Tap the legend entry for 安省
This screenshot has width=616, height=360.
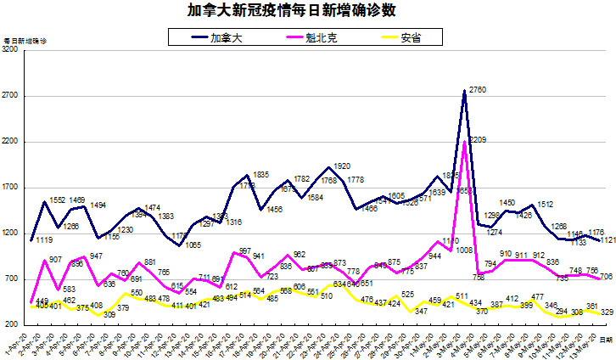(x=411, y=37)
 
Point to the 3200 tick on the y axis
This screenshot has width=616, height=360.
(x=11, y=51)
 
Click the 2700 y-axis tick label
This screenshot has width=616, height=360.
(x=11, y=97)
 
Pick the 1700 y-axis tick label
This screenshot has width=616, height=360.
(x=11, y=188)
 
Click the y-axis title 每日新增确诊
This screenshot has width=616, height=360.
(x=25, y=42)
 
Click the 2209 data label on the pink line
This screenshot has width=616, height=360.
(x=477, y=139)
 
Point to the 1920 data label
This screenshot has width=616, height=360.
(x=343, y=166)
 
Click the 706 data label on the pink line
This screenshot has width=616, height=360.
(x=607, y=277)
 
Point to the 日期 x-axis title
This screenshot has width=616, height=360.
(x=604, y=338)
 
